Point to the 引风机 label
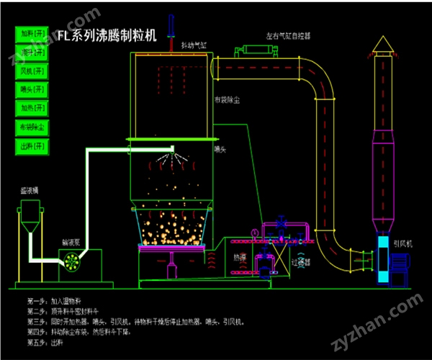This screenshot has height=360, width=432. pos(402,243)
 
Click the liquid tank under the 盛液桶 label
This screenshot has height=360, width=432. pos(30,216)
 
